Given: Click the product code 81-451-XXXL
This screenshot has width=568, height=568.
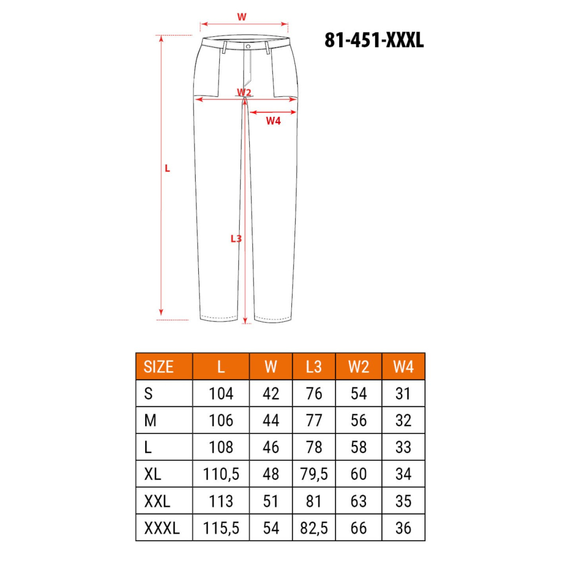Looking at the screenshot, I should click(374, 40).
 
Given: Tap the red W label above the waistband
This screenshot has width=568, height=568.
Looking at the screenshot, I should click(241, 17).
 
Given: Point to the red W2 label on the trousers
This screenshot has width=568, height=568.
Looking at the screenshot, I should click(244, 93).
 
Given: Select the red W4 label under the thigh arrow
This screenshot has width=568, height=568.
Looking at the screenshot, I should click(273, 121).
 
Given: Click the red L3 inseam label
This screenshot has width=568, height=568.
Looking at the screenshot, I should click(236, 238).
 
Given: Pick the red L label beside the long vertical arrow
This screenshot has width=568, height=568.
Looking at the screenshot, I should click(168, 169).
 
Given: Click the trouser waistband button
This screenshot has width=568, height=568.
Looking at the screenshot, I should click(247, 46).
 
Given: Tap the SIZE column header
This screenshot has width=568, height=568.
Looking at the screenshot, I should click(158, 367).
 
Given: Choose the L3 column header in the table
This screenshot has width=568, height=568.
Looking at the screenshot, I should click(313, 367).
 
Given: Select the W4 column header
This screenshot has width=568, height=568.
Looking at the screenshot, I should click(403, 367).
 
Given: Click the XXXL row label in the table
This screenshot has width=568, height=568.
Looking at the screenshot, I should click(161, 528).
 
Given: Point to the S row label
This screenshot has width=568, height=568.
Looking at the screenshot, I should click(148, 393).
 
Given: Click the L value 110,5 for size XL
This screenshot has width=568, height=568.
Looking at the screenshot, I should click(221, 474).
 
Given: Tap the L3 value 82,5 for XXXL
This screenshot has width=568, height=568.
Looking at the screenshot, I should click(313, 528).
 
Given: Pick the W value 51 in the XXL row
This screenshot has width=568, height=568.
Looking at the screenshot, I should click(270, 501).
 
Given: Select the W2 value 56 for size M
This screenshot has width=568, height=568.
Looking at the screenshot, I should click(359, 421).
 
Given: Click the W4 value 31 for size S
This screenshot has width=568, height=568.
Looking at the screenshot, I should click(403, 393).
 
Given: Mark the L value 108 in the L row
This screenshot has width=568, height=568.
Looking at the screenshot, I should click(221, 448).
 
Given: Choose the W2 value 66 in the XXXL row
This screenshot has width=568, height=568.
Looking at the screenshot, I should click(359, 528).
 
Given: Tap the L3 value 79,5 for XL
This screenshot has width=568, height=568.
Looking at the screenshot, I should click(313, 474).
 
